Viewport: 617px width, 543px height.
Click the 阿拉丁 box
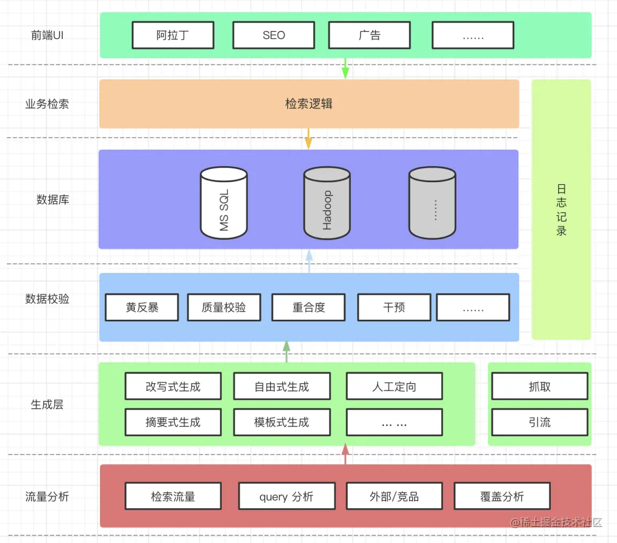[173, 35]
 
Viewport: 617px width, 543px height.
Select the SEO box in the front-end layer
[274, 35]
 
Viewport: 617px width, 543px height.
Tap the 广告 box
[370, 35]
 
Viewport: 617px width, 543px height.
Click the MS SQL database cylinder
[224, 203]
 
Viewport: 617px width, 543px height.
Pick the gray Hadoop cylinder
[327, 203]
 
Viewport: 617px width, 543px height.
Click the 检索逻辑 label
[308, 104]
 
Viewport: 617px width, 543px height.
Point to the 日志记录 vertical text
[561, 210]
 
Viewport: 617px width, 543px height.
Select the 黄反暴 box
[142, 308]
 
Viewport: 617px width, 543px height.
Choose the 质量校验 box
[224, 308]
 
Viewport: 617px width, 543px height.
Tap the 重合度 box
[308, 308]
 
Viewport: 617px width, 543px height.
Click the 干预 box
[394, 308]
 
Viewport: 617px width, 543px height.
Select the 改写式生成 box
[173, 387]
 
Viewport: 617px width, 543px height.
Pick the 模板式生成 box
[282, 423]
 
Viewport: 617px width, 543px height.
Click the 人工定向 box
[394, 387]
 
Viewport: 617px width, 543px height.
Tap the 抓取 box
[539, 387]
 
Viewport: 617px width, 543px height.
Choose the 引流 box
[539, 423]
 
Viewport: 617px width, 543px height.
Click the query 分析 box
[286, 497]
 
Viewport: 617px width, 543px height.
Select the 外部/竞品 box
[394, 497]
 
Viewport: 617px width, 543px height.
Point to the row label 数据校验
[47, 299]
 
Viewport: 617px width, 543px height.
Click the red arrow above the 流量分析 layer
[345, 455]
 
